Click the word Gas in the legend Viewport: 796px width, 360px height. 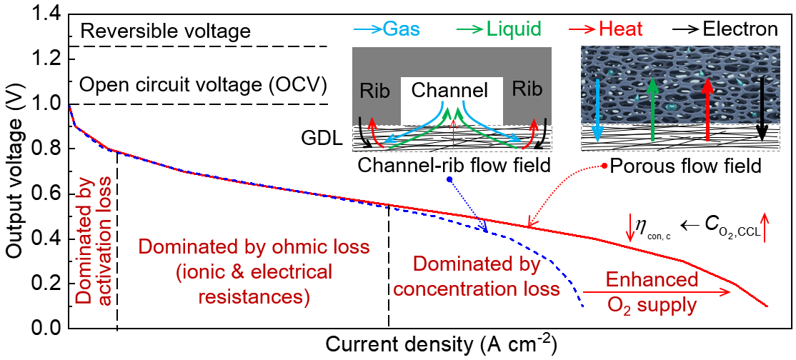click(402, 29)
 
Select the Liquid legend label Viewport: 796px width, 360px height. click(514, 29)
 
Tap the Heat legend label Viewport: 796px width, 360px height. click(621, 29)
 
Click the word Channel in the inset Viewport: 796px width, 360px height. click(449, 91)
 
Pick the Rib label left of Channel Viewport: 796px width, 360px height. click(374, 91)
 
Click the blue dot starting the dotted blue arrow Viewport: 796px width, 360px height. click(449, 179)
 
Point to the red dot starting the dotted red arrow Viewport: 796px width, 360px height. click(605, 166)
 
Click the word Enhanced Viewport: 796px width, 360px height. click(652, 279)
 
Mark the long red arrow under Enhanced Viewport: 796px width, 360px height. click(657, 292)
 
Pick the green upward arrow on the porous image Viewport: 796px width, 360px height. click(652, 111)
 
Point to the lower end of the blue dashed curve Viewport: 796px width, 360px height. click(584, 306)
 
